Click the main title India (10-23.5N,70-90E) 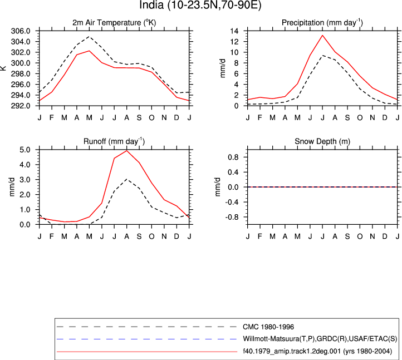coord(200,5)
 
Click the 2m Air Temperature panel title coord(114,23)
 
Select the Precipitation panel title coord(322,23)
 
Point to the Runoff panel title coord(114,141)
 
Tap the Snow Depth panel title coord(322,141)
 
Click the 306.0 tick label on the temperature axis coord(21,31)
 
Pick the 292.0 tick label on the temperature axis coord(21,106)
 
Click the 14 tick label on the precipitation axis coord(234,31)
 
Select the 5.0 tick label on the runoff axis coord(25,150)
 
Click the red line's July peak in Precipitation coord(322,36)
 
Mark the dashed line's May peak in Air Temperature coord(89,36)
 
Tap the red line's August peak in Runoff coord(126,151)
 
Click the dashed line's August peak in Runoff coord(126,179)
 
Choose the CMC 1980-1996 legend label coord(268,327)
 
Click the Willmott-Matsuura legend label coord(320,339)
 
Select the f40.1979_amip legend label coord(317,351)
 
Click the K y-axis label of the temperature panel coord(3,68)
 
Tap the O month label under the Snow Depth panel coord(360,236)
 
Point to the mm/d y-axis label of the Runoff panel coord(12,187)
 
